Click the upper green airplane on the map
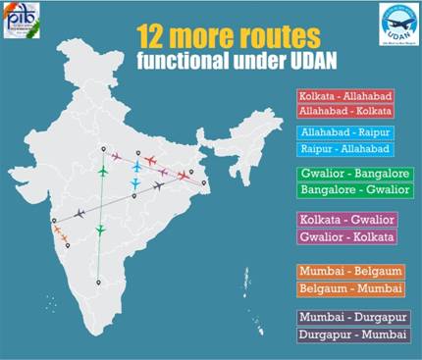coord(101,171)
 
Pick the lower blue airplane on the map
coord(135,183)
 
